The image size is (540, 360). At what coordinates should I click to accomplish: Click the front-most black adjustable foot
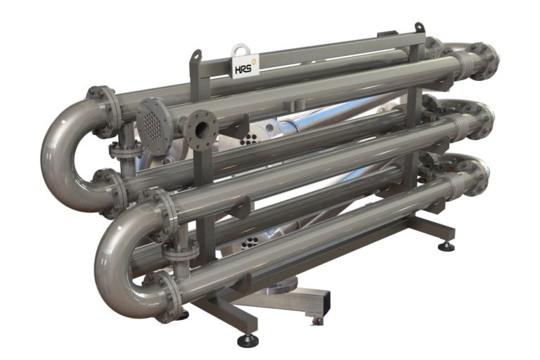click(246, 341)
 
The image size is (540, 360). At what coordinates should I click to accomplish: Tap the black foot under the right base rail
click(446, 246)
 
